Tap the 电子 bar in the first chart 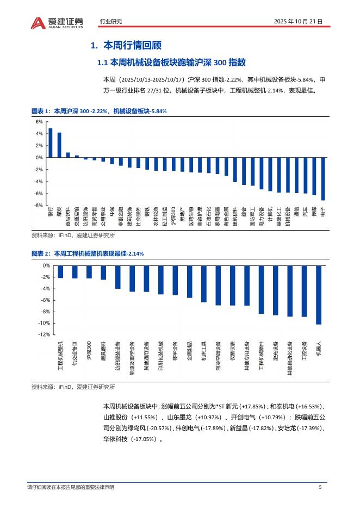point(323,179)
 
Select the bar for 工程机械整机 point(60,271)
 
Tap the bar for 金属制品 point(190,281)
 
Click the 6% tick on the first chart point(39,122)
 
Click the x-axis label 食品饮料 point(68,216)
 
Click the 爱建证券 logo point(57,22)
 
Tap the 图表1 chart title point(99,111)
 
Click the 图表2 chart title point(88,253)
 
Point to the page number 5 point(320,487)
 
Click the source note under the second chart point(73,387)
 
